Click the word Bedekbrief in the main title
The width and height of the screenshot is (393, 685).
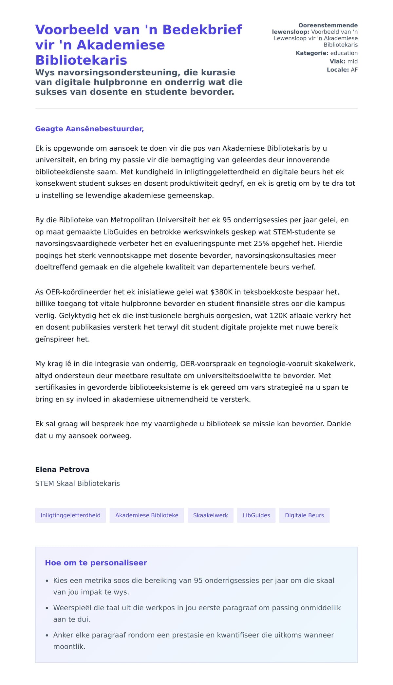coord(202,30)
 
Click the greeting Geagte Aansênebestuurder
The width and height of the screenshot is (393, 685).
coord(89,129)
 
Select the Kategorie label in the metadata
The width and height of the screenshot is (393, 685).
coord(312,53)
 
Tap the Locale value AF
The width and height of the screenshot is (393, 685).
coord(354,70)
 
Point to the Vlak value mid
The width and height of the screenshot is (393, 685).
coord(352,62)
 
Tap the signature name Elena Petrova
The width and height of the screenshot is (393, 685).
coord(62,470)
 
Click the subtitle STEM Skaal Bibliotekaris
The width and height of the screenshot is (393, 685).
coord(78,484)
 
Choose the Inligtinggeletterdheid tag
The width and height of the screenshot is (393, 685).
coord(70,515)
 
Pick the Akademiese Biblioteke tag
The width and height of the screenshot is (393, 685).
coord(147,515)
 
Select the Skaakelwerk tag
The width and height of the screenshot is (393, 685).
coord(210,515)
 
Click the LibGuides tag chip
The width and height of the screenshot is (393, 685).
coord(256,515)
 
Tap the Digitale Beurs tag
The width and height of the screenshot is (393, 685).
coord(304,515)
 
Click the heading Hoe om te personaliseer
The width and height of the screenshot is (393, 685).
coord(96,563)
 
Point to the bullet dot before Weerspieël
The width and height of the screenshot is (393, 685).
coord(47,608)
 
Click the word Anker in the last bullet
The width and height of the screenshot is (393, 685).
coord(63,635)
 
